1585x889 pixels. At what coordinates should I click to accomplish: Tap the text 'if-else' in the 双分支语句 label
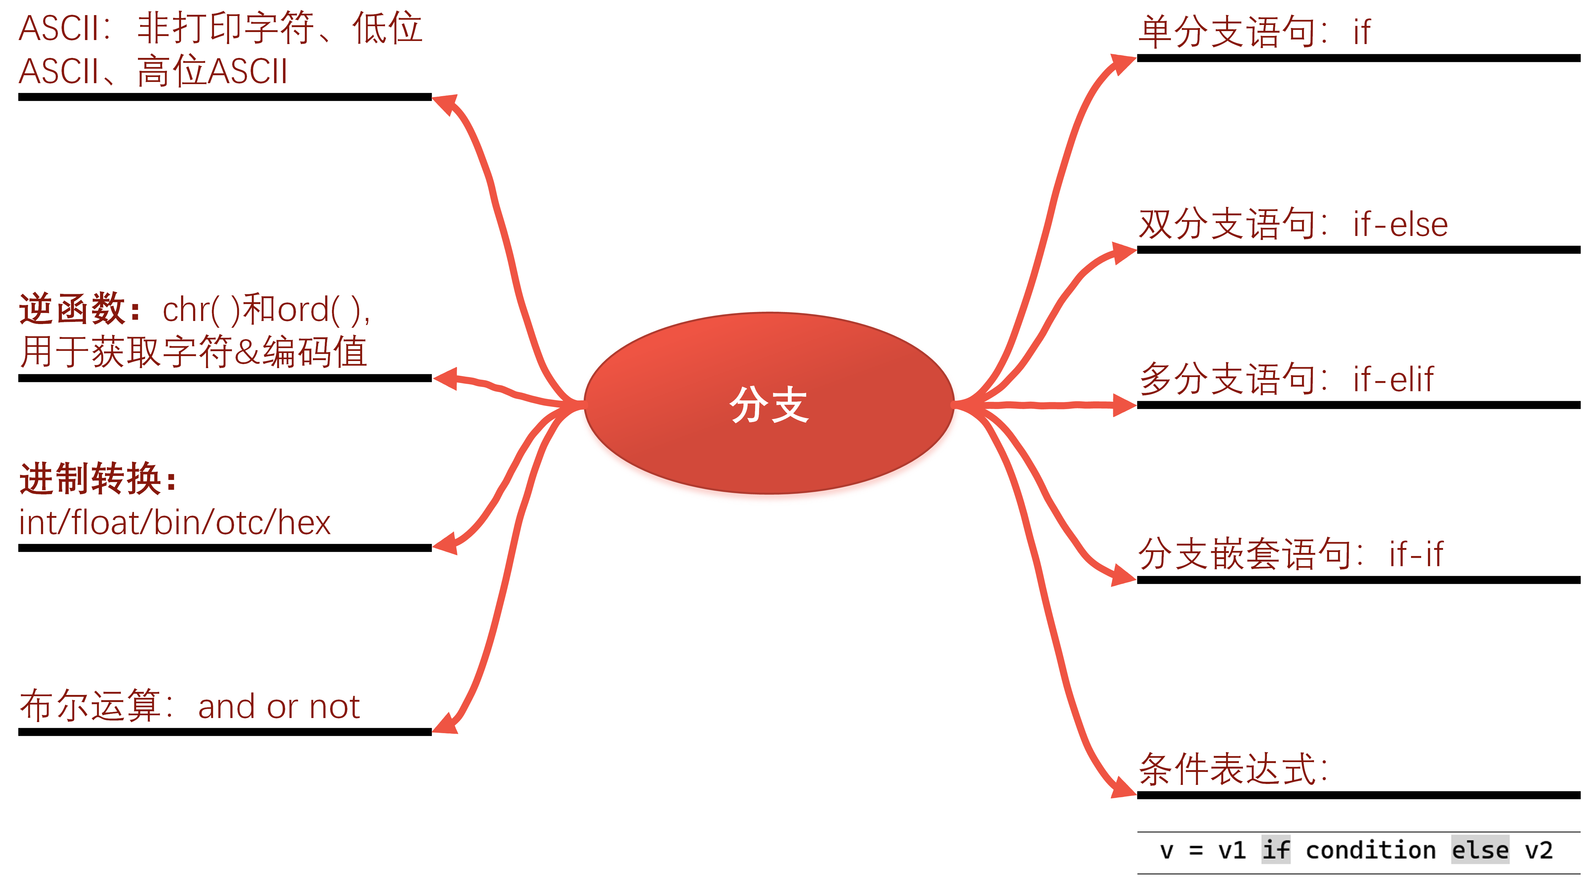point(1400,225)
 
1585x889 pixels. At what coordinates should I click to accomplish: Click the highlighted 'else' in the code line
point(1480,851)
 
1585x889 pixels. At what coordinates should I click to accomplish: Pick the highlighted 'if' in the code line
point(1276,851)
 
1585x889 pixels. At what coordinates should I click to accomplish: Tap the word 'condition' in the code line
point(1370,851)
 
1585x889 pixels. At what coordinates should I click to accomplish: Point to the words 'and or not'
point(279,707)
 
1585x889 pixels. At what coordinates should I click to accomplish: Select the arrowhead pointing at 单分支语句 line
point(1123,63)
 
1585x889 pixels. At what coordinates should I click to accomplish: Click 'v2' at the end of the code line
point(1538,851)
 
